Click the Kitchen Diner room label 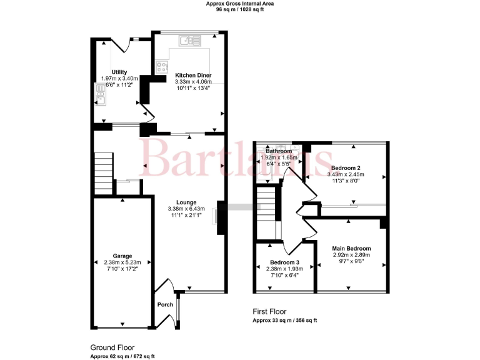click(193, 75)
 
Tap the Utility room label click(119, 72)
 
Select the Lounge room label click(186, 202)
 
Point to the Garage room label click(123, 256)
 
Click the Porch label click(165, 304)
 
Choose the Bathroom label click(279, 151)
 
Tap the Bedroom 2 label click(344, 168)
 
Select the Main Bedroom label click(351, 248)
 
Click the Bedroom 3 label click(284, 262)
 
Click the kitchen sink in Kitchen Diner click(188, 41)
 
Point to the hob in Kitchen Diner click(162, 65)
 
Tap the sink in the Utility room click(100, 96)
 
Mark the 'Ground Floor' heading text click(112, 347)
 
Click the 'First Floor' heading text click(270, 311)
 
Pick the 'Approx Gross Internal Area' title click(240, 4)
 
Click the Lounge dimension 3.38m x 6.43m click(186, 209)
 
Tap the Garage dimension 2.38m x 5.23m click(123, 262)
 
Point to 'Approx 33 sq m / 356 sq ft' click(284, 320)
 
